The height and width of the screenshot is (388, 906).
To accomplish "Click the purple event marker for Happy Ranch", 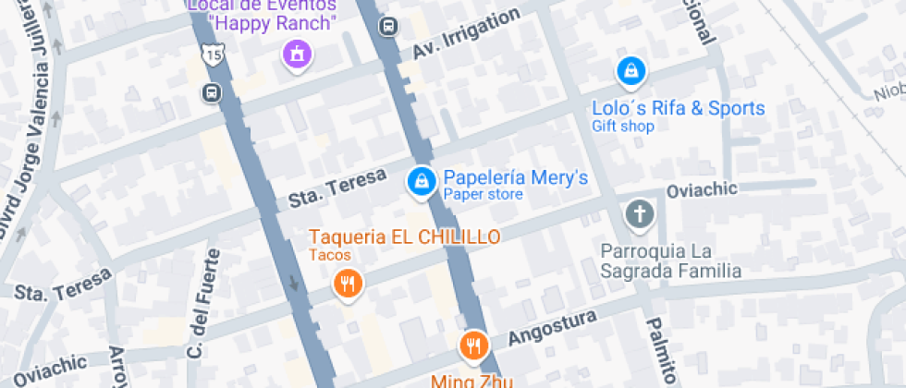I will [x=297, y=54].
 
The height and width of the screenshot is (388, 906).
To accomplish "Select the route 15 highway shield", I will [x=214, y=56].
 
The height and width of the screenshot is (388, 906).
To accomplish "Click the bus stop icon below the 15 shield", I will [x=212, y=92].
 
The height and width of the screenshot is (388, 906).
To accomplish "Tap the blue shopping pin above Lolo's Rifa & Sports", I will [x=631, y=70].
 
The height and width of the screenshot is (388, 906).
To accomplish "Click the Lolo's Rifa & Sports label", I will [x=679, y=108].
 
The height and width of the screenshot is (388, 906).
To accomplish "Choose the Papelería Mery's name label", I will [x=515, y=177].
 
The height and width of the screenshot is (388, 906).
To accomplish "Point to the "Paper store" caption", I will [x=483, y=195].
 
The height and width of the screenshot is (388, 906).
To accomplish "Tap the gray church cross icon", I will [x=638, y=214].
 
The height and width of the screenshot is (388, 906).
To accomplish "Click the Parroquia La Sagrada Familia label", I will [x=671, y=261].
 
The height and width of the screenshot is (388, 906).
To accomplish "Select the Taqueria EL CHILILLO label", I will [x=405, y=236].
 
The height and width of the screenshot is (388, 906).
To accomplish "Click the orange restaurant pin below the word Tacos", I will [x=348, y=284].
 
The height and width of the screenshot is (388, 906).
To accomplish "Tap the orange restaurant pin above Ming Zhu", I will [x=473, y=346].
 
